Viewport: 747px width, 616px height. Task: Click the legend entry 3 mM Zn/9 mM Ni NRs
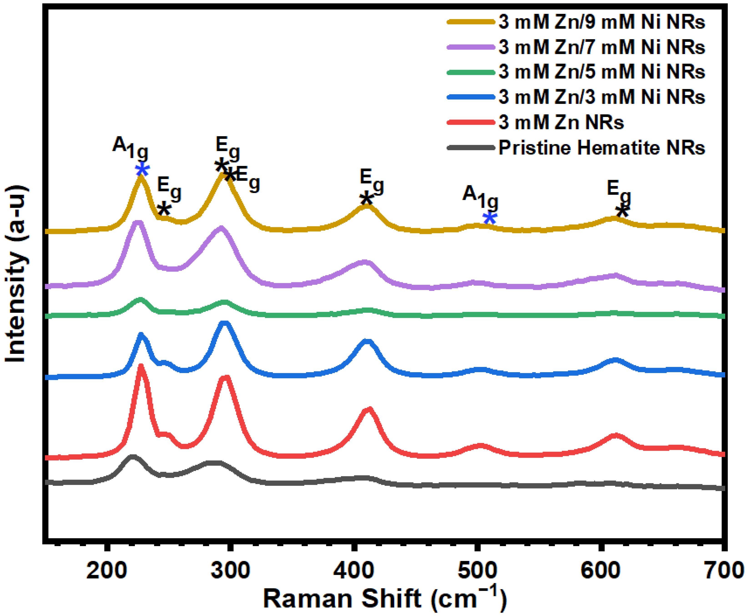coord(601,22)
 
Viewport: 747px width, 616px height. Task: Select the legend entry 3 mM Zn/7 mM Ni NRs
coord(601,47)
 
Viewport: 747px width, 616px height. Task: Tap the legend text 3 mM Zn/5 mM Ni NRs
coord(601,72)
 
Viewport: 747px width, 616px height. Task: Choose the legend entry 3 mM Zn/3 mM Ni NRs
coord(601,97)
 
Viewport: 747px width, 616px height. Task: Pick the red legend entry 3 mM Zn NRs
coord(561,122)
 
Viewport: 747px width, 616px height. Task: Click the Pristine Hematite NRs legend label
coord(601,148)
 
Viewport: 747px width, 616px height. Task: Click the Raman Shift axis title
coord(385,599)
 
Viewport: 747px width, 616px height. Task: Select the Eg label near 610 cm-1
coord(619,192)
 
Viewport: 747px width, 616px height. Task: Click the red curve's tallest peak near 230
coord(141,367)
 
